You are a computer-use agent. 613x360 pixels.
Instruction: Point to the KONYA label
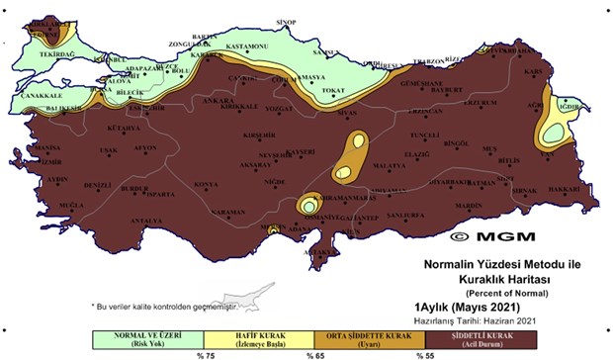click(206, 185)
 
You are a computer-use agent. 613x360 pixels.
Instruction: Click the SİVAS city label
click(347, 115)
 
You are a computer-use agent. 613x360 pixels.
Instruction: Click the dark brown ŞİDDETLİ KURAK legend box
click(480, 340)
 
